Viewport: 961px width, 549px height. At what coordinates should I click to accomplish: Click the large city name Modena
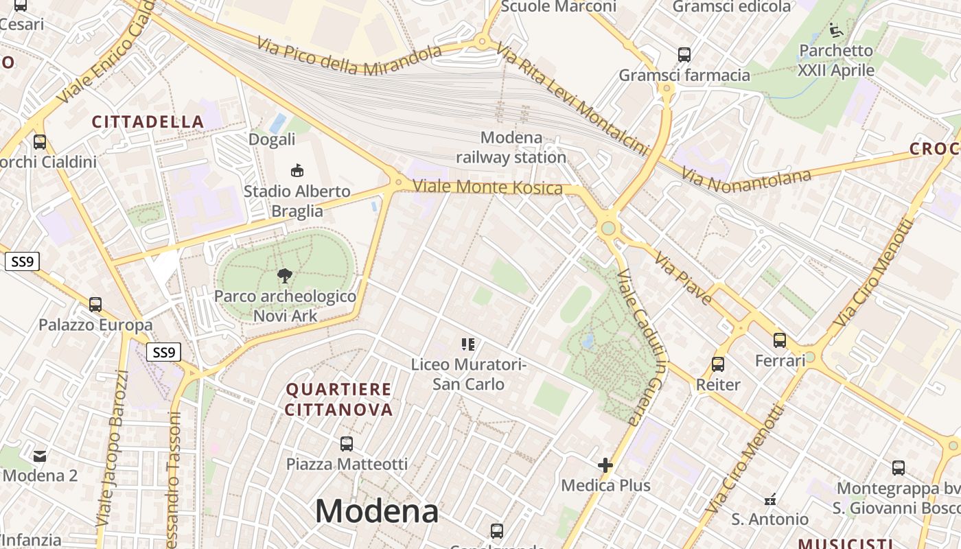pos(376,511)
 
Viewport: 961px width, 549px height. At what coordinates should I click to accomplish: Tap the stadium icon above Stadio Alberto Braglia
pos(297,170)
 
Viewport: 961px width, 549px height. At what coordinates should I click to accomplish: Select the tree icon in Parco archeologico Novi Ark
pos(284,276)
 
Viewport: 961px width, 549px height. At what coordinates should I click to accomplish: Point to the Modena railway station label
pos(511,148)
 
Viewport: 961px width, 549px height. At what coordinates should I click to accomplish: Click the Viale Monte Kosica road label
pos(487,187)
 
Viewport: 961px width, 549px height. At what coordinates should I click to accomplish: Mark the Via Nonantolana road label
pos(746,177)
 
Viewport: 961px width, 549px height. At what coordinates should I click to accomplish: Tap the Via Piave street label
pos(683,277)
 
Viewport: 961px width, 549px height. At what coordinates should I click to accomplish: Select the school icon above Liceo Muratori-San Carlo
pos(468,344)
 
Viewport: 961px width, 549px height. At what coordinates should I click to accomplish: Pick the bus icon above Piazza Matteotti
pos(347,443)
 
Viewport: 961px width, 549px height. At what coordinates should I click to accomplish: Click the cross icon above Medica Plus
pos(605,466)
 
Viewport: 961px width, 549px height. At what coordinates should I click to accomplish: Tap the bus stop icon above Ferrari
pos(780,340)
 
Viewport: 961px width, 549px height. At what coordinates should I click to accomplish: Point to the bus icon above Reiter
pos(718,364)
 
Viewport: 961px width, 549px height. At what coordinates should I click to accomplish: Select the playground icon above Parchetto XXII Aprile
pos(835,30)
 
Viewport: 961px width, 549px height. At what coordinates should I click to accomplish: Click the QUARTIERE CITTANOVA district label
pos(339,399)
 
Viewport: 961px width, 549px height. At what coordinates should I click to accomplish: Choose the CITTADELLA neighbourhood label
pos(148,122)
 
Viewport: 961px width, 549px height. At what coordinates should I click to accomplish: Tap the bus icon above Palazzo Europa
pos(95,304)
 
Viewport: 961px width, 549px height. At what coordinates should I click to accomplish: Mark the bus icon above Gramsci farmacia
pos(684,54)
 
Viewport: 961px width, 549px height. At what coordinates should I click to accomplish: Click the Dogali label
pos(272,139)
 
